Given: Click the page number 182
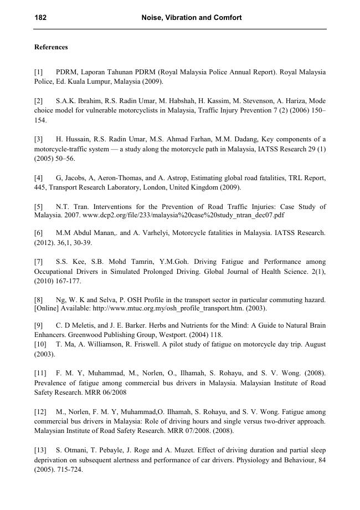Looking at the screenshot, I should (40, 18).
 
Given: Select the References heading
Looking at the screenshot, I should (51, 47).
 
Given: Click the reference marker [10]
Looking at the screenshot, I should (40, 344).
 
